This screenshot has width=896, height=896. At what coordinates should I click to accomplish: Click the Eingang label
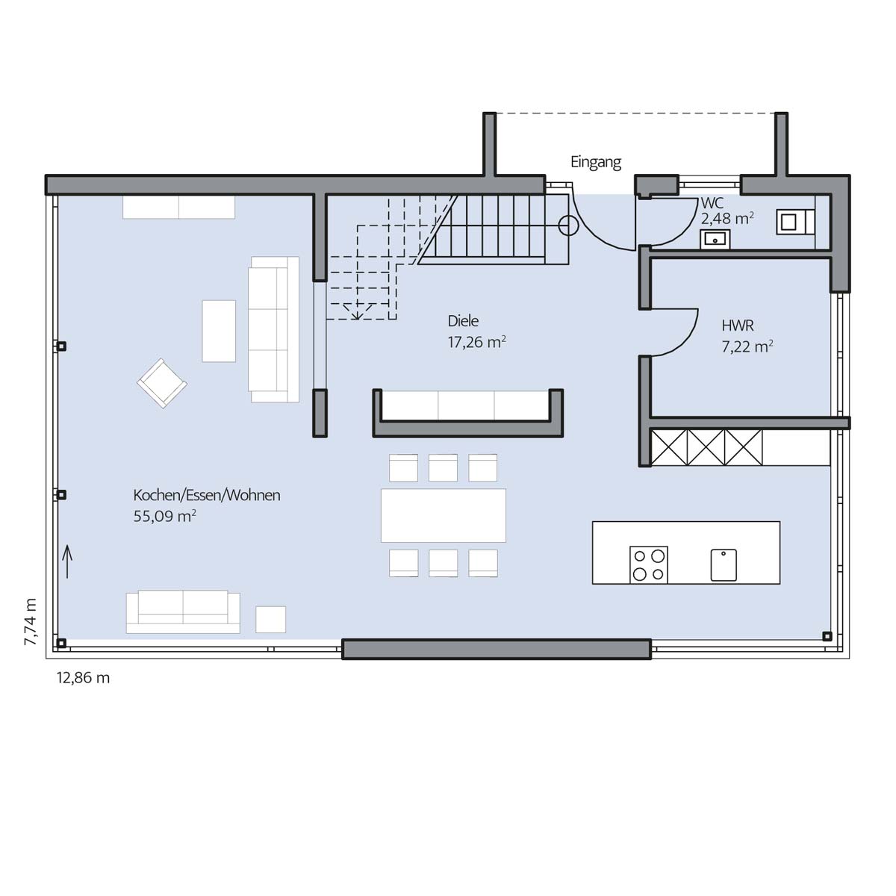point(596,163)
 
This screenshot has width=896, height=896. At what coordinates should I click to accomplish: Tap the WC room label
point(712,203)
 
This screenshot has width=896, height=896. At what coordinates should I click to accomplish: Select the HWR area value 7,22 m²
point(747,346)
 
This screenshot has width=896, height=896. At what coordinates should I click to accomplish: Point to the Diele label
point(463,321)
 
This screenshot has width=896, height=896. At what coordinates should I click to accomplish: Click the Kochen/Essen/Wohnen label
point(207,495)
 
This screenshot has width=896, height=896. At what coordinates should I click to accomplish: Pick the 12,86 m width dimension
point(83,678)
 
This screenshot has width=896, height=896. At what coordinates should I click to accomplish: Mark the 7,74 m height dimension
point(30,622)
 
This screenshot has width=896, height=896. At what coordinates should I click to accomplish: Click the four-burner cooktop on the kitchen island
point(649,565)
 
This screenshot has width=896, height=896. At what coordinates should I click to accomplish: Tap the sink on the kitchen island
point(724,565)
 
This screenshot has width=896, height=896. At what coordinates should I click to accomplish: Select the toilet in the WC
point(795,222)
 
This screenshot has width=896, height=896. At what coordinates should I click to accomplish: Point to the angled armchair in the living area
point(162,383)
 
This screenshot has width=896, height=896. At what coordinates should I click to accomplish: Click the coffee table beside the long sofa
point(219,331)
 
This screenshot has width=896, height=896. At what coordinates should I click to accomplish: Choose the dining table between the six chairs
point(443,515)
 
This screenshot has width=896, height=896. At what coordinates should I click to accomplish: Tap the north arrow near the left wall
point(67,561)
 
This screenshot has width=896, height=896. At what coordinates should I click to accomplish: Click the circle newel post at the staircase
point(568,226)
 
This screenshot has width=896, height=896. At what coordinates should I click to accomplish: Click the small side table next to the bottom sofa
point(270,619)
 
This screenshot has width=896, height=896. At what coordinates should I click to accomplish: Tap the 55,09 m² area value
point(164,516)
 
